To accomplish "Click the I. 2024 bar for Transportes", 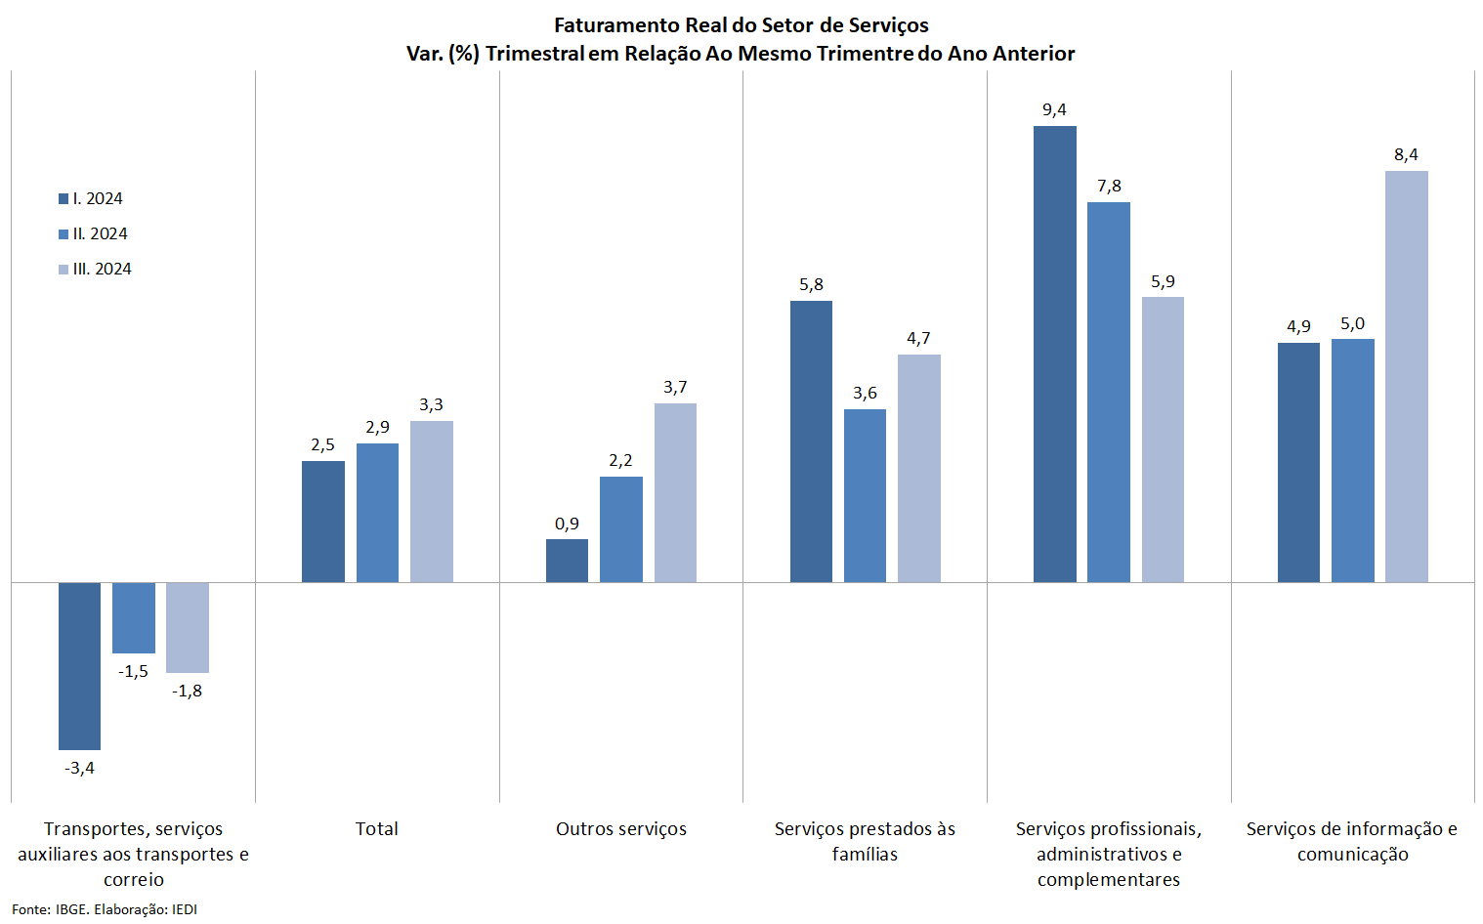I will click(79, 666).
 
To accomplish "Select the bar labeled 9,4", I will click(1054, 354).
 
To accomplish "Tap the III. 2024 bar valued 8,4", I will click(1406, 376).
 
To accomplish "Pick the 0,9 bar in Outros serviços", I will click(567, 561).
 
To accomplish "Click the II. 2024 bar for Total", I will click(377, 513).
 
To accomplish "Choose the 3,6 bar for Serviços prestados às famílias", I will click(865, 495).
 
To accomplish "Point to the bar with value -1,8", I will click(187, 627).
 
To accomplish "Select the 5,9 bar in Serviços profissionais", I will click(1163, 440).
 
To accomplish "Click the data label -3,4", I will click(79, 768).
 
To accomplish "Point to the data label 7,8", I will click(1109, 186).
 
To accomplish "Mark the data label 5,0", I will click(1352, 323).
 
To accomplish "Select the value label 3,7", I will click(675, 387).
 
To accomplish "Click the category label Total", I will click(376, 828).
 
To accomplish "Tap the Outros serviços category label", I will click(621, 828).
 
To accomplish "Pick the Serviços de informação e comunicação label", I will click(1352, 841).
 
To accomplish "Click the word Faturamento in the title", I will click(617, 25).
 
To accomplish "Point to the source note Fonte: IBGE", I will click(50, 909).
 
